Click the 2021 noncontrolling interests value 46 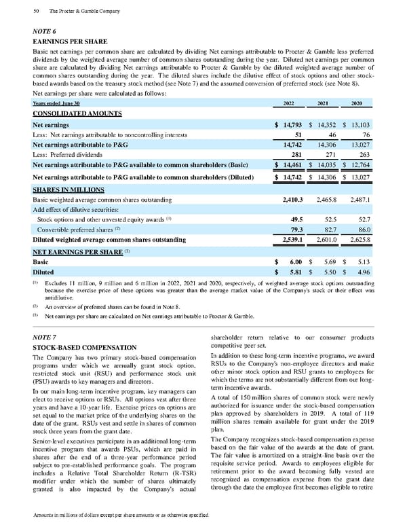pyautogui.click(x=331, y=134)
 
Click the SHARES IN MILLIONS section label pyautogui.click(x=68, y=190)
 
